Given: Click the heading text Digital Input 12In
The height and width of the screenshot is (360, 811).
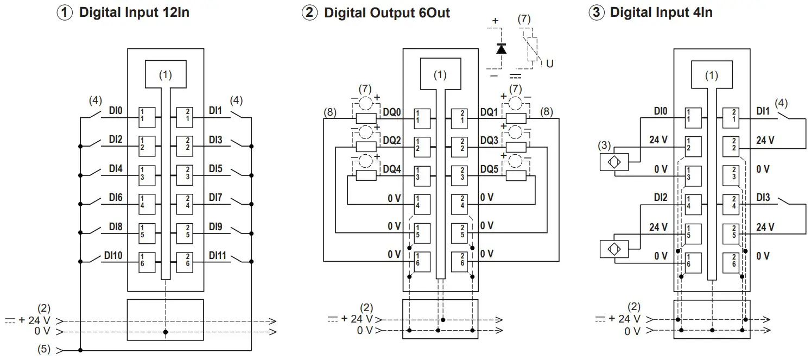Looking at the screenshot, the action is [134, 12].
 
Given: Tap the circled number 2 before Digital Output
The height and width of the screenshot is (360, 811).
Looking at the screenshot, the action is [309, 12].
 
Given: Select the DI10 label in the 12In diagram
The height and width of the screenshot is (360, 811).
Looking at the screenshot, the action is [113, 255].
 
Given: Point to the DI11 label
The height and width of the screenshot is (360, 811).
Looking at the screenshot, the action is [217, 255].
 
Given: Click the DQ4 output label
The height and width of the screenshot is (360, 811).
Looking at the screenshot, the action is [392, 169].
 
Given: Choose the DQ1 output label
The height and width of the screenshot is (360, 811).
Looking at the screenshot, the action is [489, 112].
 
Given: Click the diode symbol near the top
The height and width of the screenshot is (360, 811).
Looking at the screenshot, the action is [501, 48].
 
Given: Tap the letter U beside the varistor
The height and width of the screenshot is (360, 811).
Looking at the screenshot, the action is [549, 64].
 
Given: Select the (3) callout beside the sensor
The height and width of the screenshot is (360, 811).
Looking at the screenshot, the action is [604, 145].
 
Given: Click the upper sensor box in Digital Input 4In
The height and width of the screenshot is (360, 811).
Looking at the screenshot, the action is [614, 162].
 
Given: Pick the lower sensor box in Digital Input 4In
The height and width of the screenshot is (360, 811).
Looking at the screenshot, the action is [614, 249].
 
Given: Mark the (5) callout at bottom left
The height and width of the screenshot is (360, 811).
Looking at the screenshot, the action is [44, 349].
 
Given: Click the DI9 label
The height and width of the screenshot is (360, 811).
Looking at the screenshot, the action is [216, 227].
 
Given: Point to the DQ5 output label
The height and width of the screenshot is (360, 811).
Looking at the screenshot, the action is [489, 169].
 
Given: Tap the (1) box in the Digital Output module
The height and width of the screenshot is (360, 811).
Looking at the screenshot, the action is [440, 73].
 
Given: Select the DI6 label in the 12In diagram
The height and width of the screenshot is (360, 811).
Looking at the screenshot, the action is [116, 198].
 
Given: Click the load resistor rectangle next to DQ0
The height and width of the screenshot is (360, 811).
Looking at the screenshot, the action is [366, 118].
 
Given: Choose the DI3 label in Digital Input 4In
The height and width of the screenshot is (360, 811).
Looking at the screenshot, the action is [763, 198].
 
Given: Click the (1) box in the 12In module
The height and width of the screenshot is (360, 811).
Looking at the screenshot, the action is [166, 74].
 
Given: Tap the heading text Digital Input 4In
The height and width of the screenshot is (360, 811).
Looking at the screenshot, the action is [661, 12].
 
